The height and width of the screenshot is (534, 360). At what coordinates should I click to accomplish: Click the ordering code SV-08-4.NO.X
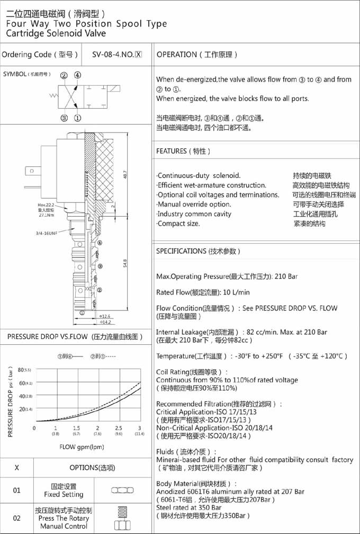[x=117, y=54]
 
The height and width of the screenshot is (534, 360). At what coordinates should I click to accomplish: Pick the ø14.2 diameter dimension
[x=106, y=322]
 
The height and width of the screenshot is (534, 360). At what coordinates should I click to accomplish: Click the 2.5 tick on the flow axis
[x=118, y=428]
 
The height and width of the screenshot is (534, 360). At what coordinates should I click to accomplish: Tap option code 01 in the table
[x=17, y=491]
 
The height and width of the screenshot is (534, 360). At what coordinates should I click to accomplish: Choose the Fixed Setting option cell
[x=64, y=491]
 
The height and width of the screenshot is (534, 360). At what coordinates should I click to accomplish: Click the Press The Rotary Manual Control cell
[x=64, y=518]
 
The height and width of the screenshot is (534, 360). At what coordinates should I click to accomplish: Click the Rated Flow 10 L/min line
[x=203, y=292]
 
